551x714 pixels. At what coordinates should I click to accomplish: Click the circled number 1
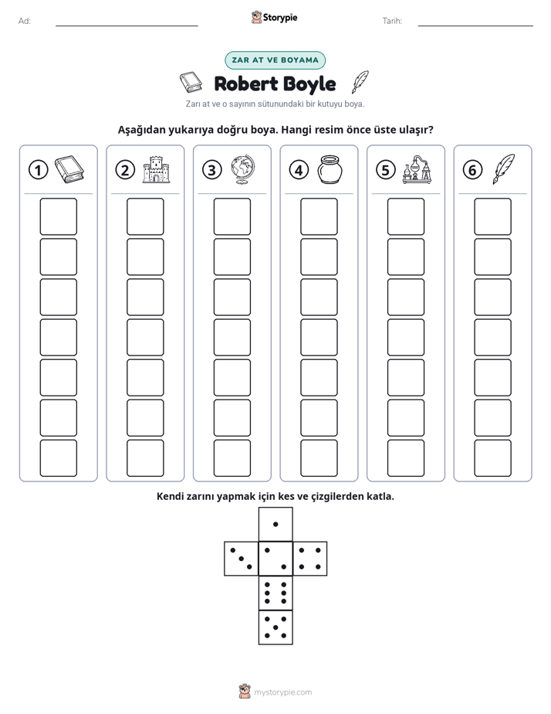click(x=38, y=170)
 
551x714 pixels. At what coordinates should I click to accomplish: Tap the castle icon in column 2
click(x=156, y=170)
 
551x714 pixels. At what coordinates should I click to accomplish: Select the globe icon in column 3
click(x=243, y=170)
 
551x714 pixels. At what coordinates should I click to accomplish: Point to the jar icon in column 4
click(x=330, y=170)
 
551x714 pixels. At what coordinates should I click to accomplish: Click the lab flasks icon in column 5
click(x=417, y=170)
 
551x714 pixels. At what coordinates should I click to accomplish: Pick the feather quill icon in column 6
click(x=504, y=169)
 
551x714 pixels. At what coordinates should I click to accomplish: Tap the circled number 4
click(x=299, y=170)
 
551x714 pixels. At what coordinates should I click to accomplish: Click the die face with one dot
click(x=275, y=525)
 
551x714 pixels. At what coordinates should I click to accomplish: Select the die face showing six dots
click(x=275, y=593)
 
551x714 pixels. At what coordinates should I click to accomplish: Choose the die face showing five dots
click(x=275, y=627)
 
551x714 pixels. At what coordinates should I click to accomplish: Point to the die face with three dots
click(x=242, y=559)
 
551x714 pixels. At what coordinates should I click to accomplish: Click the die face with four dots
click(x=310, y=559)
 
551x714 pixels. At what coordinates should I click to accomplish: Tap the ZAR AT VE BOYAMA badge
click(x=275, y=60)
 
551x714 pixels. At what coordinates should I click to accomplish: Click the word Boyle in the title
click(x=309, y=84)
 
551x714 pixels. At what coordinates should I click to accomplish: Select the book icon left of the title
click(x=191, y=82)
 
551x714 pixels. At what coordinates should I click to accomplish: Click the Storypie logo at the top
click(x=274, y=18)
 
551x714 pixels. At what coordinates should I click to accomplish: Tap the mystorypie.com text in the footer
click(x=282, y=692)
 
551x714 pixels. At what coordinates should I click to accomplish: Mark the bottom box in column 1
click(x=58, y=458)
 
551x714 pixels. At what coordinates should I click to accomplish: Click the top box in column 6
click(x=493, y=216)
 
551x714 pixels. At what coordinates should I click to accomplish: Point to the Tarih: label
click(x=392, y=21)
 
